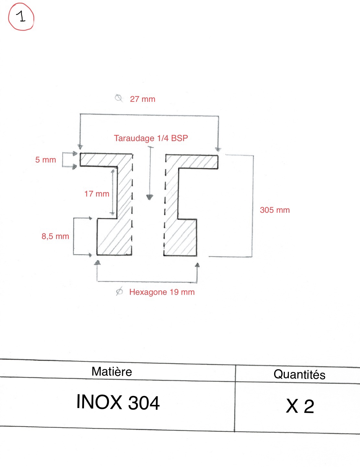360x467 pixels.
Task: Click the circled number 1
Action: (x=21, y=17)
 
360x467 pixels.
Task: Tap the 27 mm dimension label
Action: (x=143, y=99)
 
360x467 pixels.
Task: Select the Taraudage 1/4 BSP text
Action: (x=151, y=138)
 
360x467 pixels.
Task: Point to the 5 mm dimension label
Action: (x=45, y=160)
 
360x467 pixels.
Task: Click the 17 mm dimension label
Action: (x=97, y=194)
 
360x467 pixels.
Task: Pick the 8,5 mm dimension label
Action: (x=55, y=236)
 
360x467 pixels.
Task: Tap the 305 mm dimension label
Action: (x=275, y=210)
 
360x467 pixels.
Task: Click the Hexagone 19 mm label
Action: (x=162, y=292)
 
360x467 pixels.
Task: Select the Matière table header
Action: (x=111, y=371)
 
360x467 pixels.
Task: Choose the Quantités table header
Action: (x=299, y=374)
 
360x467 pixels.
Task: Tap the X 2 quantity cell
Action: (x=300, y=406)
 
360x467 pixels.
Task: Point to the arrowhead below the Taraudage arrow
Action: (x=150, y=197)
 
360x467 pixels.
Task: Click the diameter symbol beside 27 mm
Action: (x=118, y=98)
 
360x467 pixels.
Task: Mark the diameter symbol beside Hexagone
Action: (x=119, y=291)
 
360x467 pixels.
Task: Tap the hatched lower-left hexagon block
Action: (x=114, y=237)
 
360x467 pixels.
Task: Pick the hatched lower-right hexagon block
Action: (x=180, y=237)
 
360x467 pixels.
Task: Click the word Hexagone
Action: (x=148, y=292)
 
